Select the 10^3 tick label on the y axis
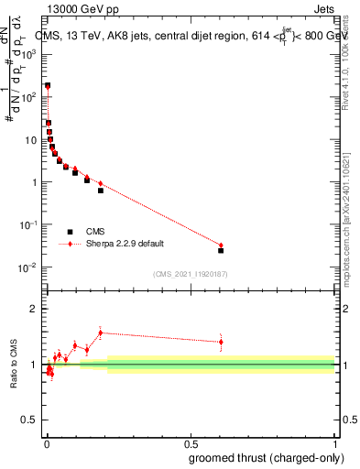(29, 54)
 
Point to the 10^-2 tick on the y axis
(29, 267)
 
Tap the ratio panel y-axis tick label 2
(34, 309)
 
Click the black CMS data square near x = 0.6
(221, 250)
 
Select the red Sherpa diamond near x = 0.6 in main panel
(221, 245)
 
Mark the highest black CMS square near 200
(48, 85)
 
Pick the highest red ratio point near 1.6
(101, 333)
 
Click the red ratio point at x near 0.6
(221, 342)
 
